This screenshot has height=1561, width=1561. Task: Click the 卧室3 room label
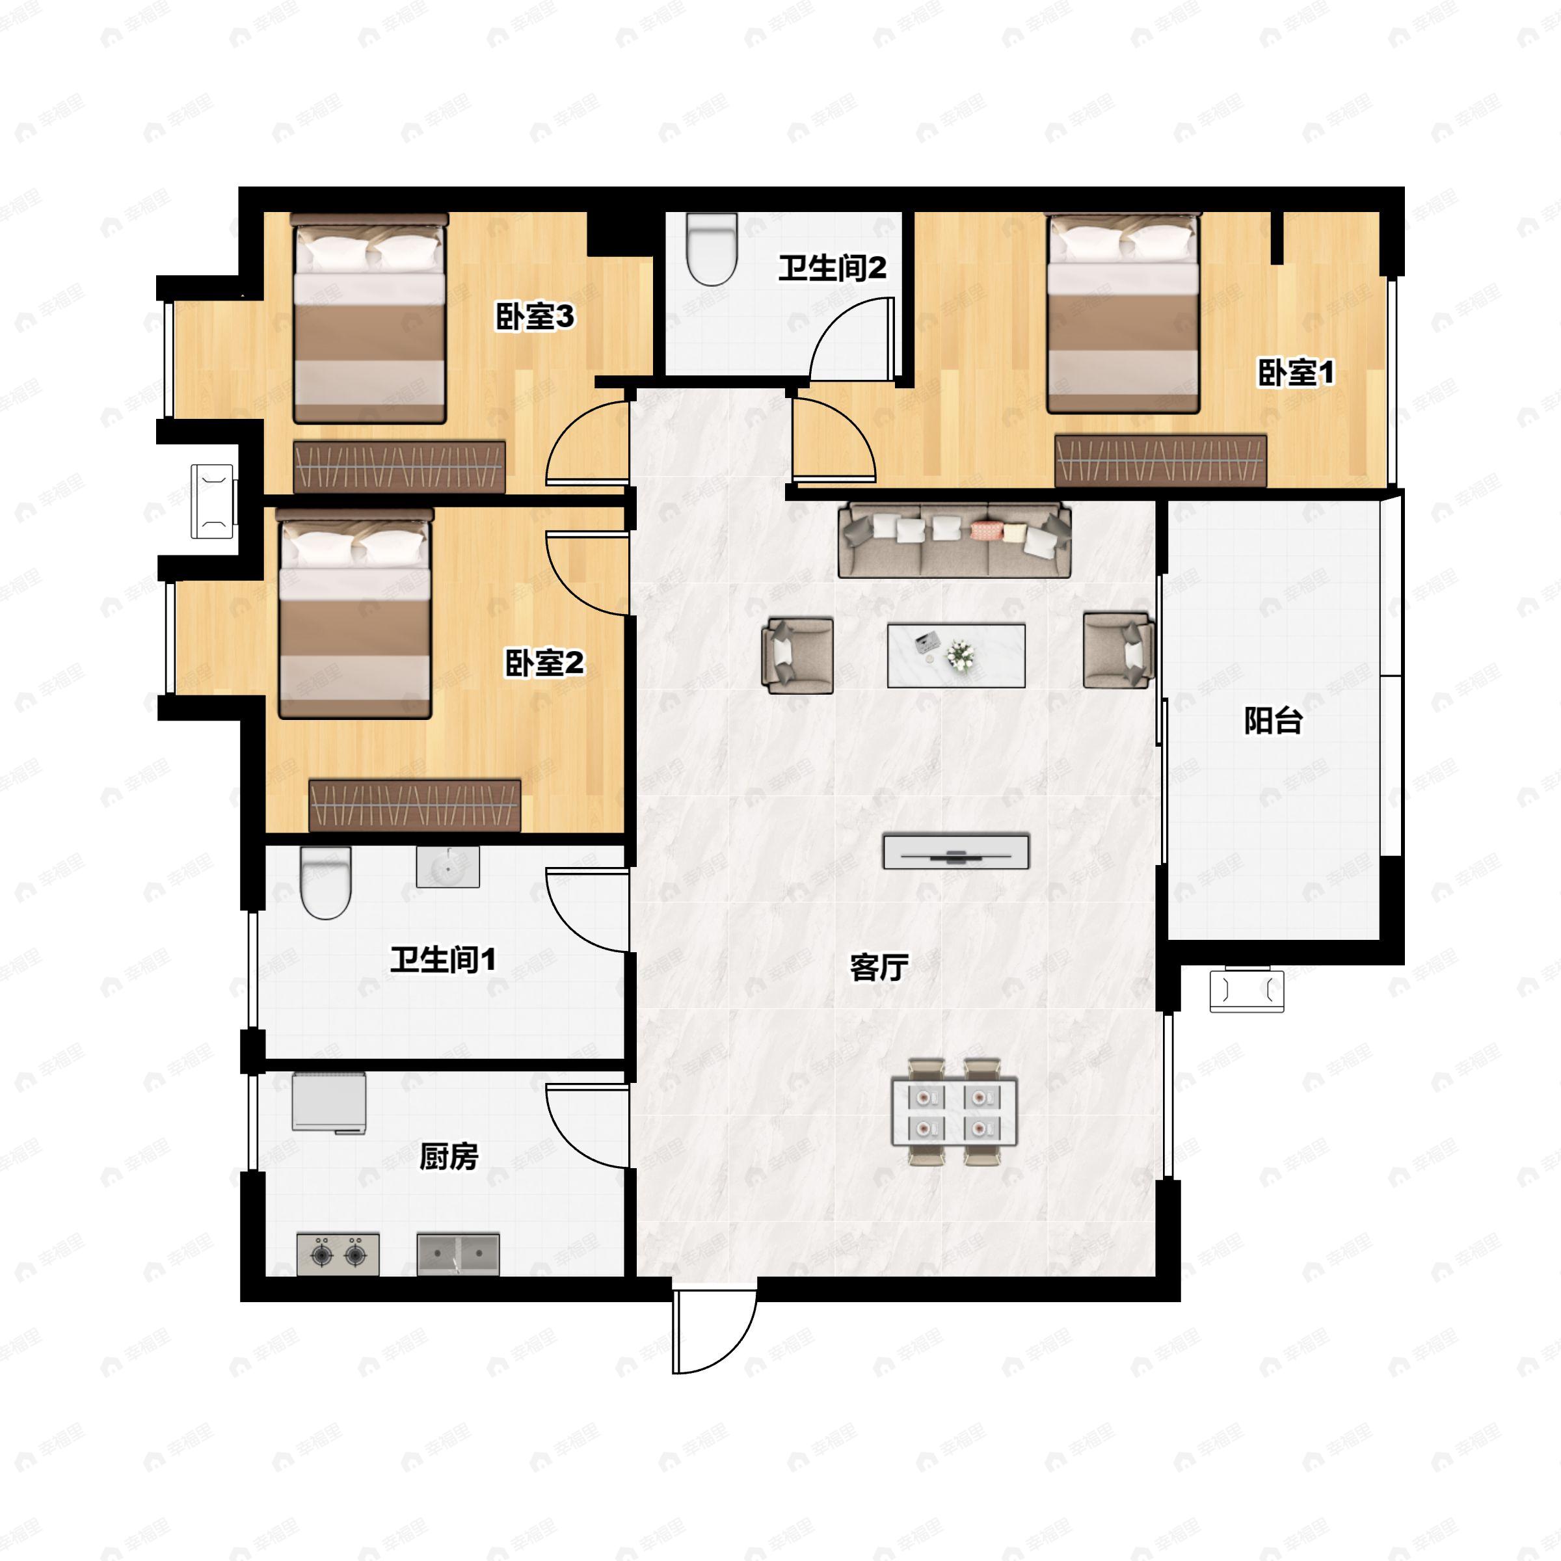(x=535, y=317)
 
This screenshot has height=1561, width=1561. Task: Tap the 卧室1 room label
(x=1296, y=373)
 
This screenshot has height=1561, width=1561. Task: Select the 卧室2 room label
(x=544, y=663)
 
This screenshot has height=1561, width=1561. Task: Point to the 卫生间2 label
(x=833, y=268)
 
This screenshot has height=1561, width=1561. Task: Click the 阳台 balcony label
(x=1274, y=721)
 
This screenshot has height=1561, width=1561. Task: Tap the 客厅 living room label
(x=879, y=967)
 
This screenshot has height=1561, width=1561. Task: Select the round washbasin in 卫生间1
(x=447, y=867)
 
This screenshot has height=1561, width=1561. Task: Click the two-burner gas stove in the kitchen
(x=338, y=1254)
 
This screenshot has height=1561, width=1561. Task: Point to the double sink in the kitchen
(x=458, y=1254)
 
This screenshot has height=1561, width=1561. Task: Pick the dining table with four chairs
(x=954, y=1112)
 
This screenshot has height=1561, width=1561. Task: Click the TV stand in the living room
(x=956, y=853)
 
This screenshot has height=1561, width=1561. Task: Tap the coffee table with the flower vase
(x=957, y=655)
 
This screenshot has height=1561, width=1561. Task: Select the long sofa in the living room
(x=955, y=540)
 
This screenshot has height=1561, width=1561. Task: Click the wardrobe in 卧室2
(x=414, y=806)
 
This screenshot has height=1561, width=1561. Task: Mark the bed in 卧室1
(x=1123, y=314)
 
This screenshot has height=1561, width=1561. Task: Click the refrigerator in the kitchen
(x=329, y=1103)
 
